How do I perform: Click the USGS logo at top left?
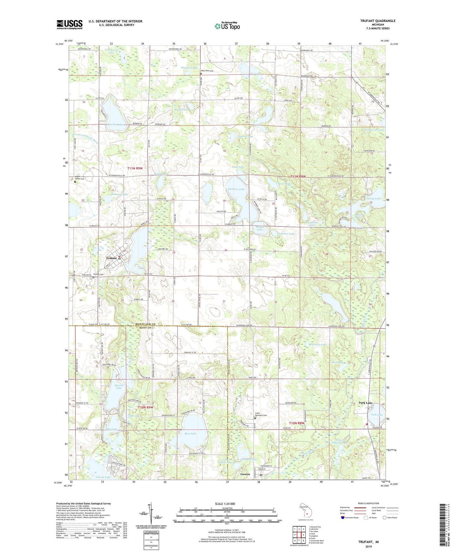pos(70,24)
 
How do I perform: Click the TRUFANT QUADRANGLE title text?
pos(378,21)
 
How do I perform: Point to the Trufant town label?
pos(111,258)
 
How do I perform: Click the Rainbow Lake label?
pos(236,189)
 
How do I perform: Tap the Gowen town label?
pos(245,474)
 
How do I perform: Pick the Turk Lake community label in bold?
pos(365,403)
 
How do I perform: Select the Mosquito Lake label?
pos(189,68)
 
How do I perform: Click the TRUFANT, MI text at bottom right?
pos(368,542)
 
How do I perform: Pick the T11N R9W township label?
pos(135,168)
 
